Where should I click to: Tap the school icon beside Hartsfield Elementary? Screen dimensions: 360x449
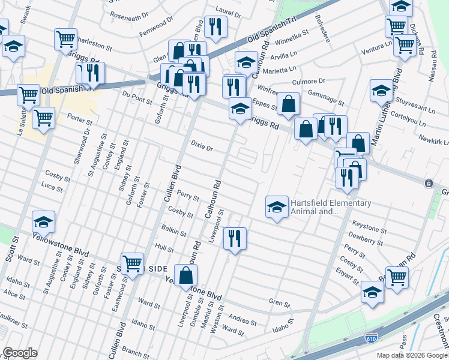pyautogui.click(x=276, y=207)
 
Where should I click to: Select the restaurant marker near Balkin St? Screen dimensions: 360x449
pyautogui.click(x=235, y=238)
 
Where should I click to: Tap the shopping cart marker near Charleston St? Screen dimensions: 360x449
pyautogui.click(x=65, y=39)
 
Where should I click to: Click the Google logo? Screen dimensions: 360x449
pyautogui.click(x=20, y=353)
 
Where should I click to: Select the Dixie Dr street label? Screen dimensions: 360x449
pyautogui.click(x=202, y=144)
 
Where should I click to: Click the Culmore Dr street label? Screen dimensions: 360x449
pyautogui.click(x=308, y=81)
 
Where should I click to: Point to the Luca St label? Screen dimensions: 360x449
pyautogui.click(x=52, y=188)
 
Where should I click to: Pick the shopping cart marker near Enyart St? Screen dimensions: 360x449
pyautogui.click(x=397, y=278)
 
